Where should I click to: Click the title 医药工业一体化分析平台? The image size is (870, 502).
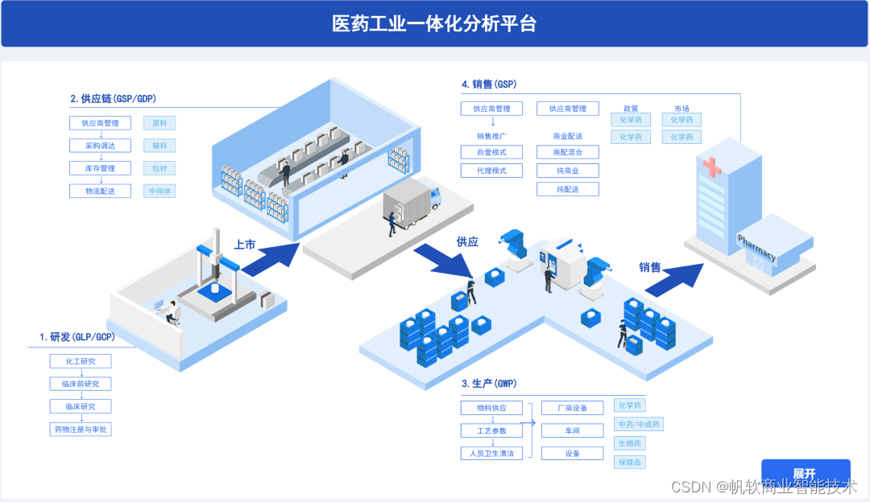[434, 24]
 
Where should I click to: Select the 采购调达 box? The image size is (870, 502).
[100, 146]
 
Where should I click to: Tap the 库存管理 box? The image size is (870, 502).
[100, 169]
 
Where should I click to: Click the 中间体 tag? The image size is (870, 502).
[159, 191]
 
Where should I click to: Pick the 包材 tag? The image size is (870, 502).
[159, 169]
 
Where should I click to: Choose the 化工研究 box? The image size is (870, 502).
[81, 362]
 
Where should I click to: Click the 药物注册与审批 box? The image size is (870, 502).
[81, 430]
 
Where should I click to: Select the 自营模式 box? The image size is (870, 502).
[491, 152]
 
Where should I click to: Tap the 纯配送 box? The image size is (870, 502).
[568, 190]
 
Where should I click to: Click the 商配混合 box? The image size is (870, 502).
[568, 152]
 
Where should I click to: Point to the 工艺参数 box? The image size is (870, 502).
[491, 430]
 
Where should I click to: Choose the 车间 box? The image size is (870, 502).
[572, 430]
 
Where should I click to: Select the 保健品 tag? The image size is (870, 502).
[630, 463]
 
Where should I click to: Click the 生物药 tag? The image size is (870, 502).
[630, 443]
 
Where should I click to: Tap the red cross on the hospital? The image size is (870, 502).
[712, 167]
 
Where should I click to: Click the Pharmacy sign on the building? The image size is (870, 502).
[756, 248]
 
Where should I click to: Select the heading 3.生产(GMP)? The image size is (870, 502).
[489, 384]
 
